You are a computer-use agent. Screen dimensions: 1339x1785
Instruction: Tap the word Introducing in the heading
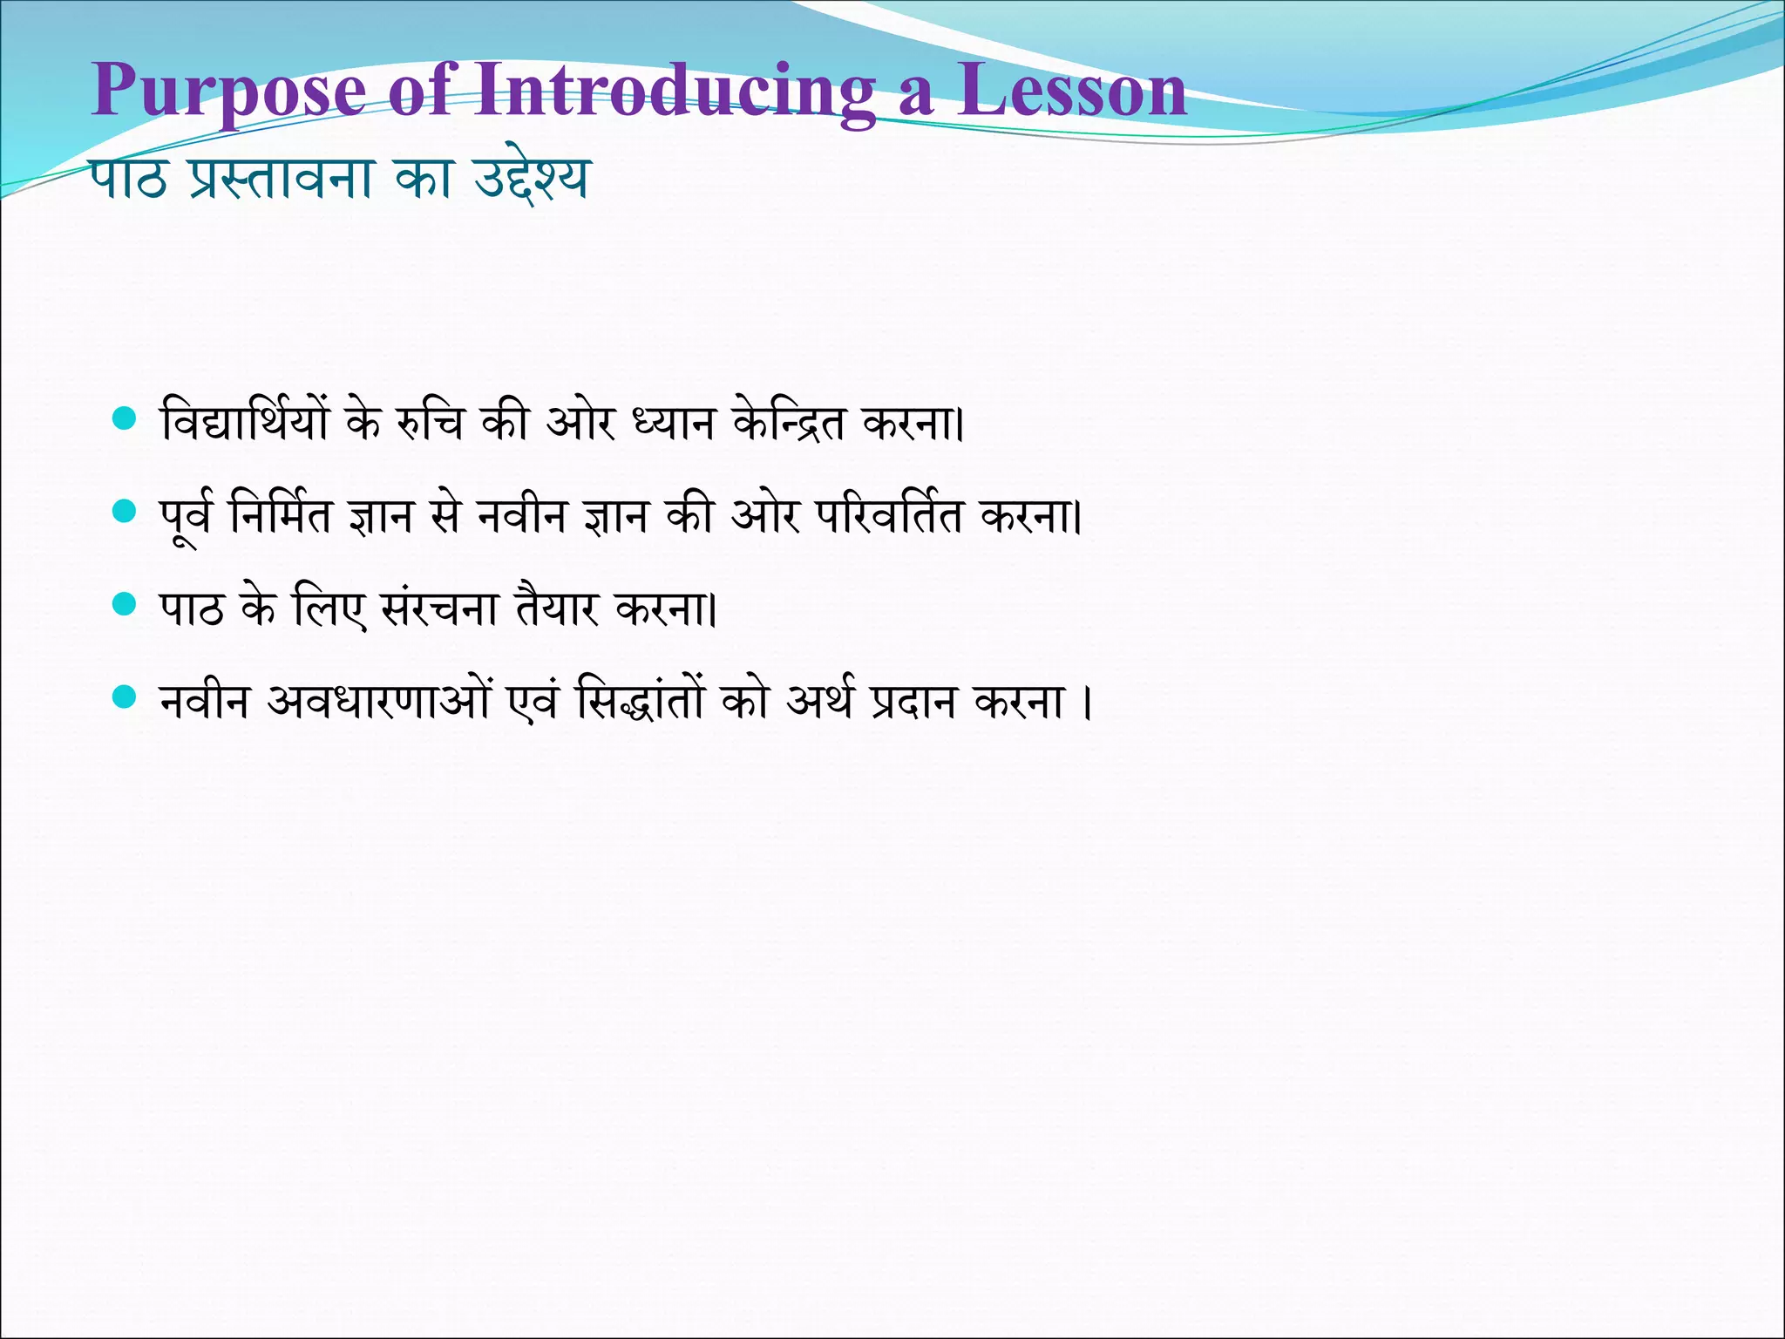(x=675, y=91)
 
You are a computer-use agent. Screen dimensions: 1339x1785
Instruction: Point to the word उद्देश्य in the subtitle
(x=531, y=180)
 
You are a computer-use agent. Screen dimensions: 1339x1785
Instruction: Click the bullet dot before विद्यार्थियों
(x=126, y=419)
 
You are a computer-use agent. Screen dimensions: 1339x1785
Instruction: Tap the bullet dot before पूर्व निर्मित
(x=126, y=512)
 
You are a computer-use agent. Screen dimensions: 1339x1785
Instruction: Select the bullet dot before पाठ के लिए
(x=126, y=604)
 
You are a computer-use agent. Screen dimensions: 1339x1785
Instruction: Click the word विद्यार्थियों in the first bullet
(x=245, y=422)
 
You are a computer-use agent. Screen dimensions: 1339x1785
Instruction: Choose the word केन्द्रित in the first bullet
(x=788, y=422)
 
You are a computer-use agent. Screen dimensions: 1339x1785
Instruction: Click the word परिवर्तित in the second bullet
(x=889, y=514)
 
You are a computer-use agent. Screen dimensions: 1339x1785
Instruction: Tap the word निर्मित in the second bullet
(x=281, y=514)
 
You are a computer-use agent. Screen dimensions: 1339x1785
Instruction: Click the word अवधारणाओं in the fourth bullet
(x=379, y=700)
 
